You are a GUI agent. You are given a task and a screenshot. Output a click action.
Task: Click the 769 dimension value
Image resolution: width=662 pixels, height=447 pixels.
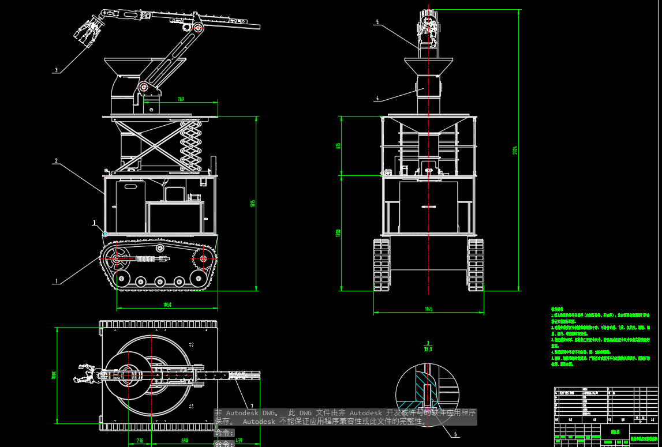(x=181, y=99)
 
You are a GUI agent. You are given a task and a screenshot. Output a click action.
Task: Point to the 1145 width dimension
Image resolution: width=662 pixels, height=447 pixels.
(x=428, y=309)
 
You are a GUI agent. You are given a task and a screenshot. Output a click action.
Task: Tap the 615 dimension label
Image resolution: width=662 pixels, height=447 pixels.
(x=338, y=146)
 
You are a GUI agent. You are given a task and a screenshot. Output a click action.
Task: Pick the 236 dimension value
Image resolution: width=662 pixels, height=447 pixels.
(x=140, y=441)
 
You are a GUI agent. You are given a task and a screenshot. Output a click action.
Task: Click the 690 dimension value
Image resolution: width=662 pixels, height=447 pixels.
(x=184, y=441)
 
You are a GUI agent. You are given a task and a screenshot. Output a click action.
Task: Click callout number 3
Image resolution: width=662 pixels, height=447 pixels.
(x=56, y=70)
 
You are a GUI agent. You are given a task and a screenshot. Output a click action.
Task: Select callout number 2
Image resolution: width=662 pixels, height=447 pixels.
(x=56, y=161)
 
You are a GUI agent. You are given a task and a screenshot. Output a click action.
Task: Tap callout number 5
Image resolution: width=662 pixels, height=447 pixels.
(x=377, y=22)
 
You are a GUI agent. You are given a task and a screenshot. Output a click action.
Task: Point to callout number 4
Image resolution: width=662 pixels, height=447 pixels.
(x=377, y=99)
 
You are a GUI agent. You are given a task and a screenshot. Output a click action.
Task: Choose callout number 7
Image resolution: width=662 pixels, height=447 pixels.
(x=252, y=406)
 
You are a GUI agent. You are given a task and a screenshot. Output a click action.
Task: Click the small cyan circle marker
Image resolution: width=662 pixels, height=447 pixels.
(x=105, y=234)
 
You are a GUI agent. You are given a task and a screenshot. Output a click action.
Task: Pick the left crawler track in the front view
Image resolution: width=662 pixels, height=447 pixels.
(x=382, y=264)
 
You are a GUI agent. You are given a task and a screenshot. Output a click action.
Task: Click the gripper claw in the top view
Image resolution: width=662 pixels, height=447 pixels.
(x=84, y=374)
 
